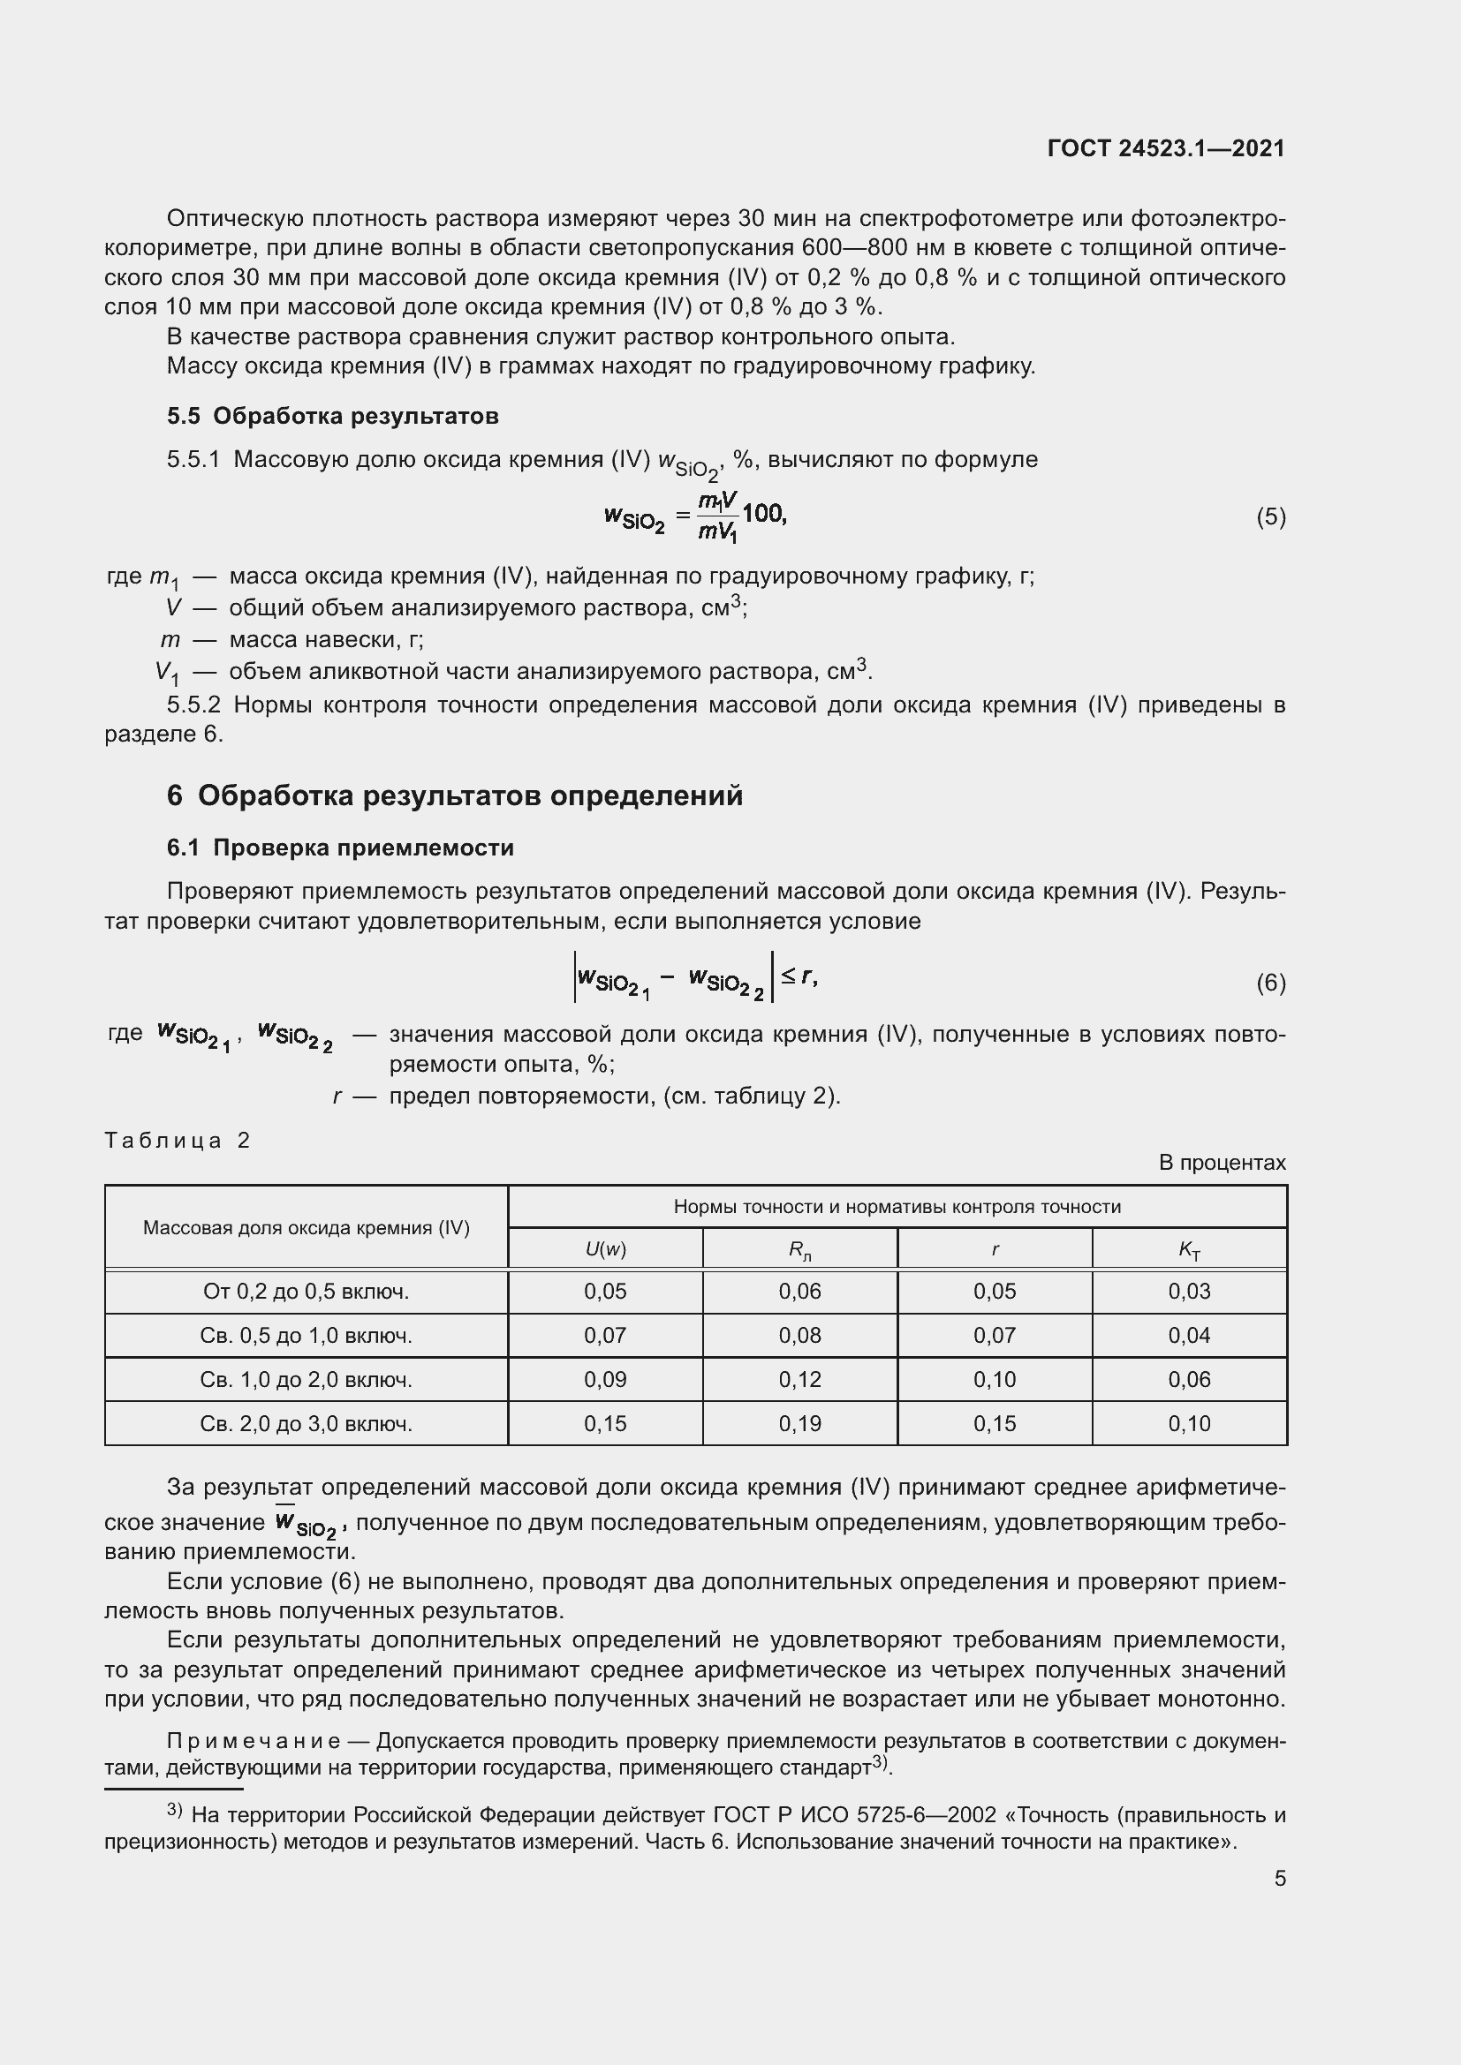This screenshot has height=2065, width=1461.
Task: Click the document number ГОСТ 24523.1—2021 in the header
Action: pyautogui.click(x=1166, y=148)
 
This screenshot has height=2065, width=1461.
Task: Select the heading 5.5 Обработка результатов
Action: pyautogui.click(x=333, y=416)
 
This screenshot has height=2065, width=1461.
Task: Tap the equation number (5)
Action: pyautogui.click(x=1270, y=517)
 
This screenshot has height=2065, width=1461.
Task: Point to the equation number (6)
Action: pyautogui.click(x=1270, y=983)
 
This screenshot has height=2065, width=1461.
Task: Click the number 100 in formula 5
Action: pyautogui.click(x=764, y=514)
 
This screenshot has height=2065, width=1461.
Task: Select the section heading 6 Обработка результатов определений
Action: pyautogui.click(x=454, y=796)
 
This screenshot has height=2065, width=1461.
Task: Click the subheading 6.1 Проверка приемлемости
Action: pyautogui.click(x=340, y=848)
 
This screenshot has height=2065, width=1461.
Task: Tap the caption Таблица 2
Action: pyautogui.click(x=178, y=1141)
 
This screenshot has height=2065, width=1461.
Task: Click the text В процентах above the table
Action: pyautogui.click(x=1222, y=1163)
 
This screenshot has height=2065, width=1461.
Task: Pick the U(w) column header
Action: pyautogui.click(x=604, y=1249)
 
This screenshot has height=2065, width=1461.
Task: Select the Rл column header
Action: pyautogui.click(x=799, y=1250)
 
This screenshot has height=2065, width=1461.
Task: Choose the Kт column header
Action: pyautogui.click(x=1189, y=1250)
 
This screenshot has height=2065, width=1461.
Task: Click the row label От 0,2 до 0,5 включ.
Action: pyautogui.click(x=306, y=1292)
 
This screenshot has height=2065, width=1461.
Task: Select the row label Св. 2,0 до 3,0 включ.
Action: pyautogui.click(x=306, y=1424)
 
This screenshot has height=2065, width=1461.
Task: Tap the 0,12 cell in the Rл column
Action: pyautogui.click(x=799, y=1380)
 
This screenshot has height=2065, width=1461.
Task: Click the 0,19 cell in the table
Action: pyautogui.click(x=799, y=1424)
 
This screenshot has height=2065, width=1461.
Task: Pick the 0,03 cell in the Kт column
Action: pyautogui.click(x=1189, y=1292)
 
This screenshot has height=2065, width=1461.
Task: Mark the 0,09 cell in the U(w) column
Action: pyautogui.click(x=604, y=1380)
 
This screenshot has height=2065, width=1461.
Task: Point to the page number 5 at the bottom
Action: pyautogui.click(x=1279, y=1879)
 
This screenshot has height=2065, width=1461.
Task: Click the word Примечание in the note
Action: pyautogui.click(x=253, y=1742)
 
